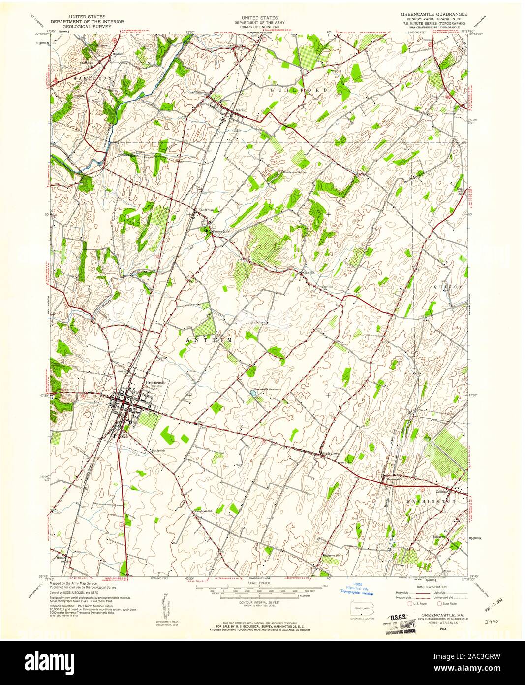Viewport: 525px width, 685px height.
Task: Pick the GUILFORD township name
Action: pos(299,90)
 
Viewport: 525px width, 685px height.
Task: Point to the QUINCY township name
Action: pos(447,286)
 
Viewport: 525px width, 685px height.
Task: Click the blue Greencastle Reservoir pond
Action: pos(253,393)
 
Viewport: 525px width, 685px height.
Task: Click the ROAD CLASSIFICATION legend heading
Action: pos(425,587)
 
